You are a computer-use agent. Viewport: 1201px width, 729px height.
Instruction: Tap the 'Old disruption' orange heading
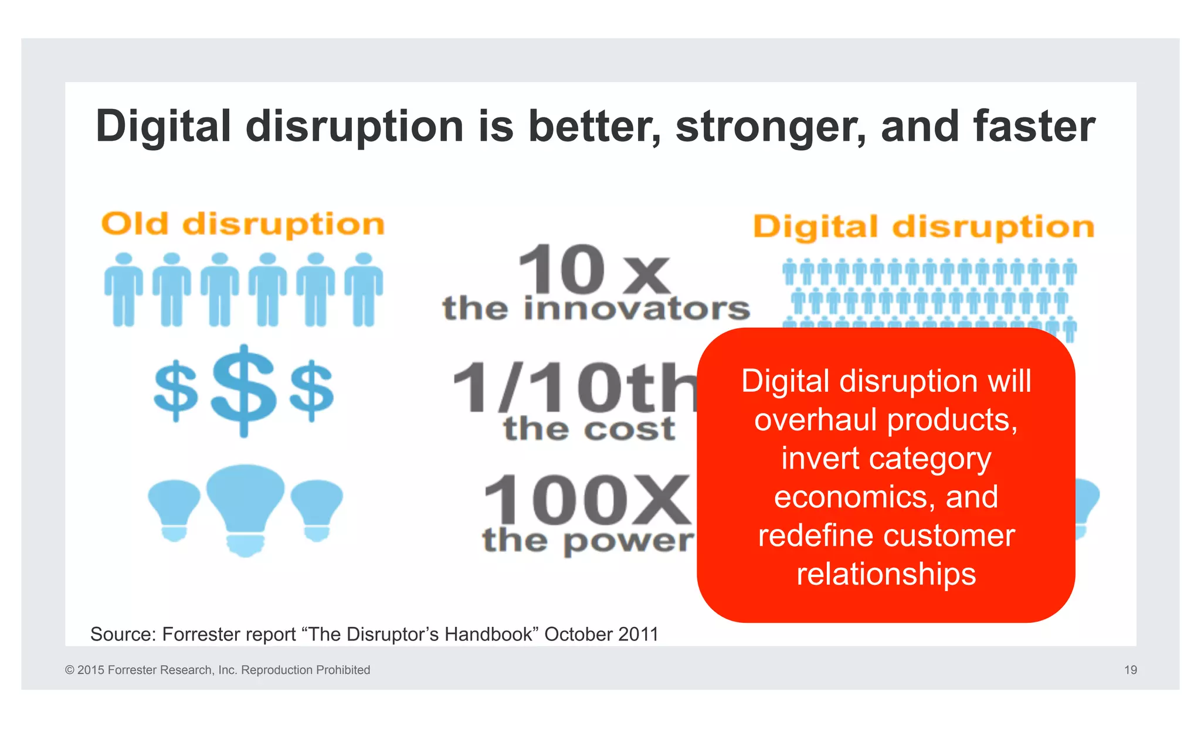[243, 225]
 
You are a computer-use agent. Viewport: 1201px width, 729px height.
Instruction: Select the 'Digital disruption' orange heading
[924, 228]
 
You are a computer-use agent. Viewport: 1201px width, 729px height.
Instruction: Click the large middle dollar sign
[243, 390]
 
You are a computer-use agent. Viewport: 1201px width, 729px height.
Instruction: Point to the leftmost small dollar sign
[175, 391]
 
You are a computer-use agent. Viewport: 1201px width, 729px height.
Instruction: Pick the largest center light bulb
[245, 508]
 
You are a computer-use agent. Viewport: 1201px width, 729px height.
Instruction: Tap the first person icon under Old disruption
[124, 290]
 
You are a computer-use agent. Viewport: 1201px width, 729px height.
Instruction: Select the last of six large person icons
[364, 290]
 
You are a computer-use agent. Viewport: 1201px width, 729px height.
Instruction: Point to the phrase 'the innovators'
[596, 309]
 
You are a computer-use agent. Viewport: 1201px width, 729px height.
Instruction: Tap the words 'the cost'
[589, 429]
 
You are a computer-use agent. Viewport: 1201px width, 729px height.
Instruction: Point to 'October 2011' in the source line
[601, 634]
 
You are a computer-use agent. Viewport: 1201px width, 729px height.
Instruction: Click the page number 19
[1130, 670]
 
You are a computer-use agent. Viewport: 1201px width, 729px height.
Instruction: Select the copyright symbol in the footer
[70, 670]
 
